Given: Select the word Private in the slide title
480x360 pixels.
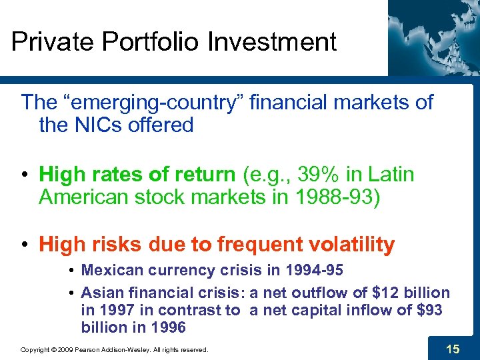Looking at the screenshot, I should (x=53, y=42).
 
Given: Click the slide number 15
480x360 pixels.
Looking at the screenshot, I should (x=453, y=349).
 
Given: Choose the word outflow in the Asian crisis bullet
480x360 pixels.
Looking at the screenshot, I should (x=319, y=293).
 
